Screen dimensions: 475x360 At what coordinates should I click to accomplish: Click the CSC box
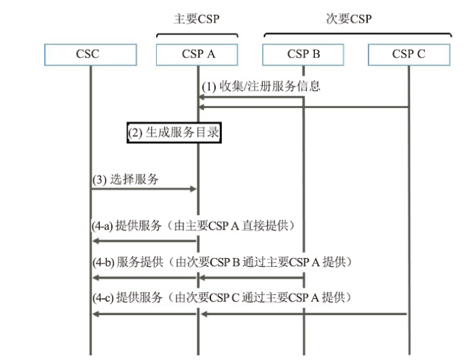click(x=90, y=54)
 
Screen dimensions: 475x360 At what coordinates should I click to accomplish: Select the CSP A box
click(x=197, y=54)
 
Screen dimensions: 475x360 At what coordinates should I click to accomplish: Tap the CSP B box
click(x=303, y=54)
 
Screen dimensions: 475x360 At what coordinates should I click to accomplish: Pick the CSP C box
click(x=409, y=54)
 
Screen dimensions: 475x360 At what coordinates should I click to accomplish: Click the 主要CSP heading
click(x=197, y=19)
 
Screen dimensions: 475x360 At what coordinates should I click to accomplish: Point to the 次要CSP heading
click(x=349, y=19)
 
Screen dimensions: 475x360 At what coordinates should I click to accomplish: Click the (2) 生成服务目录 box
click(x=174, y=132)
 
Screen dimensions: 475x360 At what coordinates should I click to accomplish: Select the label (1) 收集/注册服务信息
click(x=261, y=86)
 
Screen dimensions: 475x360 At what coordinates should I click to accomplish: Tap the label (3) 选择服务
click(x=126, y=179)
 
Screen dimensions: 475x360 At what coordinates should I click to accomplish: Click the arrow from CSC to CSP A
click(x=144, y=189)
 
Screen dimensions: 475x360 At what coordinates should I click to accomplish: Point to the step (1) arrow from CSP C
click(x=303, y=107)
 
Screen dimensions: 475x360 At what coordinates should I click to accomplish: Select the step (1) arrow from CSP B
click(x=251, y=97)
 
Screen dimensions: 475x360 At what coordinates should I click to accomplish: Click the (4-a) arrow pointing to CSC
click(x=145, y=241)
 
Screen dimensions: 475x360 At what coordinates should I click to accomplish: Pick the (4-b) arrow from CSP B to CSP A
click(x=252, y=278)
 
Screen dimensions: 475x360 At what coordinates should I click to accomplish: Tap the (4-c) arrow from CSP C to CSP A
click(x=304, y=314)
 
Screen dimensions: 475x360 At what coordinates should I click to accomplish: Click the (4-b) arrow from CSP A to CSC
click(x=145, y=278)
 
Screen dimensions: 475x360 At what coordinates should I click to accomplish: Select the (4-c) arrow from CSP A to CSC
click(x=145, y=314)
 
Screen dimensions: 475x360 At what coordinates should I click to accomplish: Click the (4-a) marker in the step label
click(x=102, y=226)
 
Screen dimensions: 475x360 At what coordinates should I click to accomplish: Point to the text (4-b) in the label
click(x=103, y=262)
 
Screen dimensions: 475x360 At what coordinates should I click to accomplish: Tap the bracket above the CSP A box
click(x=197, y=34)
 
